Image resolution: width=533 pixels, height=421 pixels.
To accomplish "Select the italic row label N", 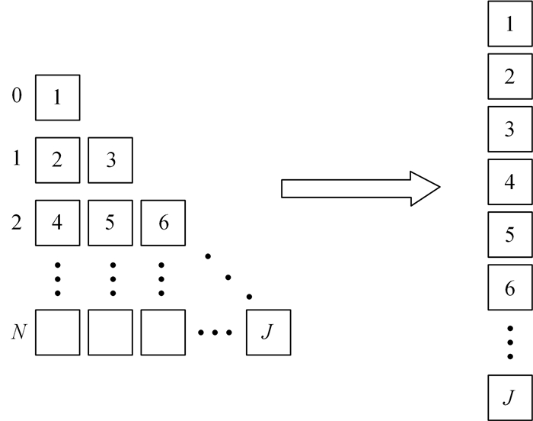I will click(x=17, y=333).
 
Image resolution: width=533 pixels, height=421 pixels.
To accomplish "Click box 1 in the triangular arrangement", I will click(x=57, y=98).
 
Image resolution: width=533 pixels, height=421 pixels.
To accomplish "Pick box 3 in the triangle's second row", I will click(x=110, y=160).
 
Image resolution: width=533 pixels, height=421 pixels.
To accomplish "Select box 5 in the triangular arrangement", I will click(x=110, y=222).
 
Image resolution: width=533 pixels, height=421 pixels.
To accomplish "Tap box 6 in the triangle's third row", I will click(x=162, y=222).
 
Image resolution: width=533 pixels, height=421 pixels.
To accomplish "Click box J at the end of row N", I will click(x=268, y=333).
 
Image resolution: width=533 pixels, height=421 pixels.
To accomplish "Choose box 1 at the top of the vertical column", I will click(x=509, y=24).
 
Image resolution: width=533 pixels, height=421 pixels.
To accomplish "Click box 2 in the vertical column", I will click(x=509, y=77).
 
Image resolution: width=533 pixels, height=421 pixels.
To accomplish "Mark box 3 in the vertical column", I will click(x=509, y=130).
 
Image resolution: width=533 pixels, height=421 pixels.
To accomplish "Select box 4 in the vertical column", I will click(x=509, y=182).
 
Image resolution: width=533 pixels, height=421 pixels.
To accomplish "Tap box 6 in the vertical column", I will click(x=509, y=288).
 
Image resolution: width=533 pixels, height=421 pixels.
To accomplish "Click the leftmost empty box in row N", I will click(x=57, y=333).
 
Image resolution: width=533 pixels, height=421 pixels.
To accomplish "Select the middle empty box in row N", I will click(x=110, y=333).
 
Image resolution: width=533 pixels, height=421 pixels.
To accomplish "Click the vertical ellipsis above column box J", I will click(x=509, y=342).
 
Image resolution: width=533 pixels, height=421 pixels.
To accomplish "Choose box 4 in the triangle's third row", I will click(x=57, y=222).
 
